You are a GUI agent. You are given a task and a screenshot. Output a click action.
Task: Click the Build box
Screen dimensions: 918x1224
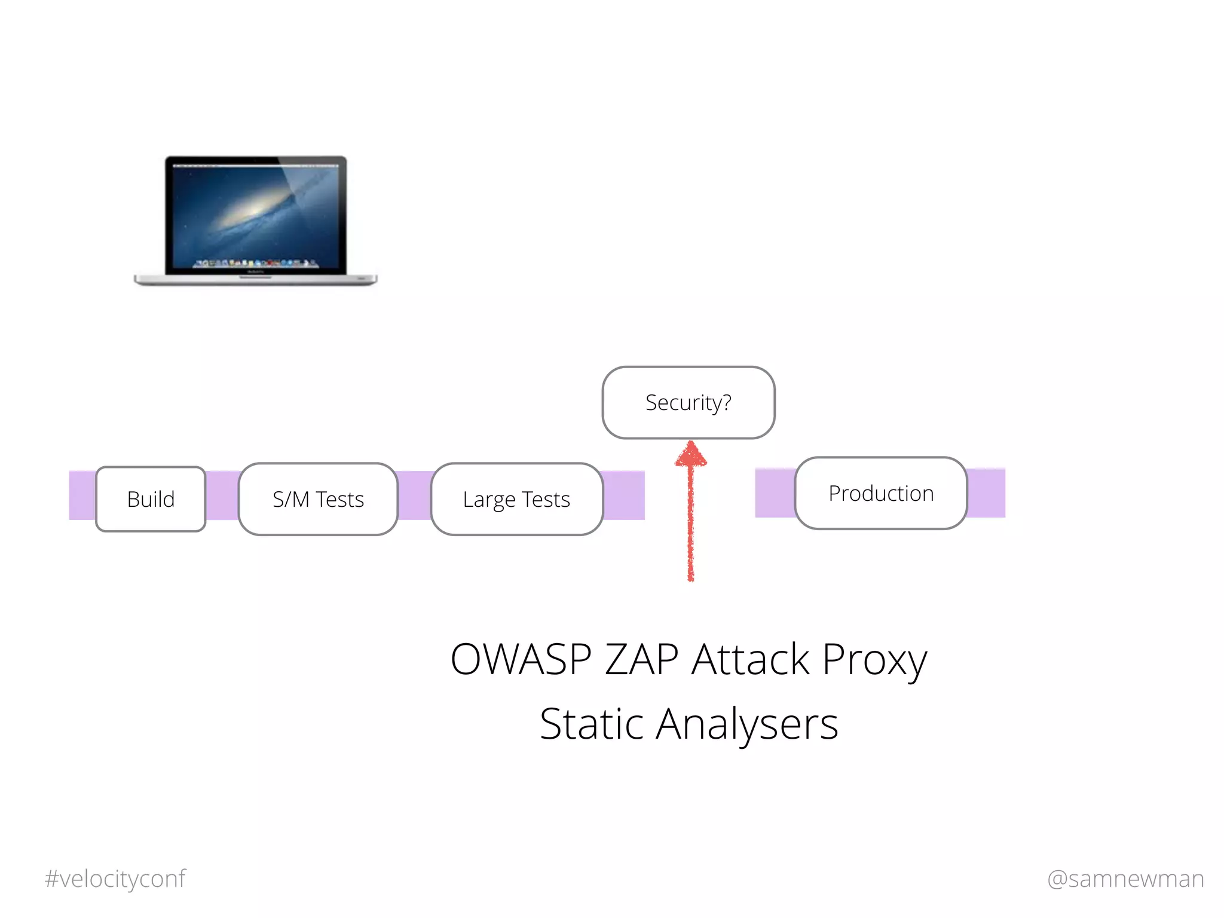(x=151, y=499)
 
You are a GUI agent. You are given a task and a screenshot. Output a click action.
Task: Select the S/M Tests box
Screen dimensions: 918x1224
(x=318, y=499)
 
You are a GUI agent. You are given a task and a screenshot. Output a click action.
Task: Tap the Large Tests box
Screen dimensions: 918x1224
(x=516, y=499)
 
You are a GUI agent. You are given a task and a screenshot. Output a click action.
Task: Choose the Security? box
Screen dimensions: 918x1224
(x=688, y=402)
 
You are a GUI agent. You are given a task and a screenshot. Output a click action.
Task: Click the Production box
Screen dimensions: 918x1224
(x=881, y=493)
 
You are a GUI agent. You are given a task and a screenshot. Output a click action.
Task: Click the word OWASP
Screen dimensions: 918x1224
(x=521, y=659)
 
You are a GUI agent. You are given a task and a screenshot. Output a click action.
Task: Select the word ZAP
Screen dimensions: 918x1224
(x=641, y=659)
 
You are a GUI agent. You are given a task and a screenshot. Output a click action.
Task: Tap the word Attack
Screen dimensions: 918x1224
(x=751, y=659)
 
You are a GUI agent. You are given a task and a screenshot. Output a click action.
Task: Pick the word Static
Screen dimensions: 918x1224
(x=592, y=724)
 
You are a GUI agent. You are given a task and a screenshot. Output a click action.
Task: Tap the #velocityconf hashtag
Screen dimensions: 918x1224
(x=115, y=879)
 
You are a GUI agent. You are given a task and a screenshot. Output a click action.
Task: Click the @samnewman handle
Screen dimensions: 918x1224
(x=1125, y=879)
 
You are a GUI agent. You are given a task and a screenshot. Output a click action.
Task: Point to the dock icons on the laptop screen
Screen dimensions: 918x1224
(x=256, y=263)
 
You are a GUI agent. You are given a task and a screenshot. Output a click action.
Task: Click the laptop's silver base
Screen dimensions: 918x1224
(x=256, y=279)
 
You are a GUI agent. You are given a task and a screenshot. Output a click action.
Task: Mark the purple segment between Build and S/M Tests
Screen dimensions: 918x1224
(x=222, y=495)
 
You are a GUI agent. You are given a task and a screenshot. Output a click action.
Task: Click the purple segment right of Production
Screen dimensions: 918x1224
(x=986, y=493)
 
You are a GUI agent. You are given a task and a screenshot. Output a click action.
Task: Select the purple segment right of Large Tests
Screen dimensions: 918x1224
(x=624, y=495)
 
